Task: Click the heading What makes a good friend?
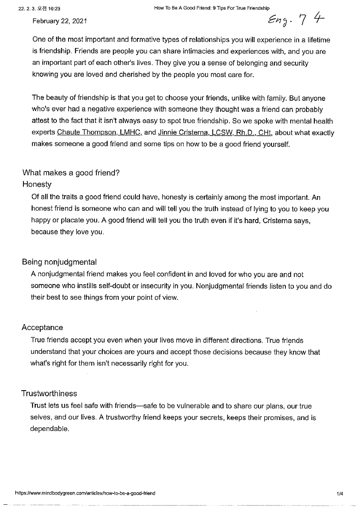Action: coord(71,173)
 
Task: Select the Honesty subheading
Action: coord(37,184)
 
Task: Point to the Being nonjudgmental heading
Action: coord(59,262)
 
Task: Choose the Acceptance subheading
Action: coord(42,328)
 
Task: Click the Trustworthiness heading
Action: coord(49,393)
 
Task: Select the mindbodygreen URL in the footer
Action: coord(85,493)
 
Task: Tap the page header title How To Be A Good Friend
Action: coord(212,8)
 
